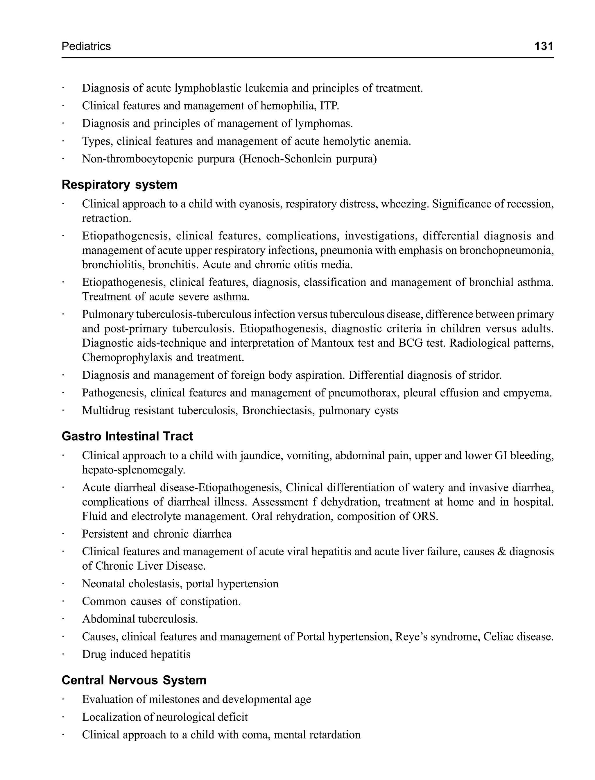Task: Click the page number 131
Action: tap(543, 46)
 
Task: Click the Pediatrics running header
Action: tap(86, 46)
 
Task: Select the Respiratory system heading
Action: tap(119, 185)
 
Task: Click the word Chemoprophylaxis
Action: tap(127, 357)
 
